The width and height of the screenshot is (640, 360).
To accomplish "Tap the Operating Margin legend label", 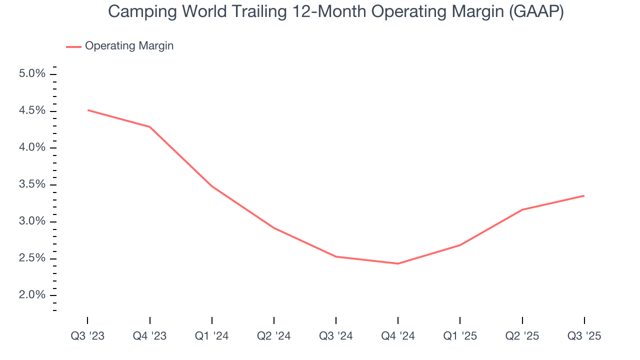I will pyautogui.click(x=129, y=46).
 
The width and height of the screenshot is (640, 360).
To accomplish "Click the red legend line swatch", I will pyautogui.click(x=73, y=46).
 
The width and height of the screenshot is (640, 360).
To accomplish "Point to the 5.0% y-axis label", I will pyautogui.click(x=32, y=74).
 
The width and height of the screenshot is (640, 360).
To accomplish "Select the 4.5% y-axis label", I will pyautogui.click(x=32, y=110).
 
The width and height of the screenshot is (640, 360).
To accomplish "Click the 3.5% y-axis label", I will pyautogui.click(x=32, y=184).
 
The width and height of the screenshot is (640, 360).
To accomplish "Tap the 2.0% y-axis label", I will pyautogui.click(x=32, y=295).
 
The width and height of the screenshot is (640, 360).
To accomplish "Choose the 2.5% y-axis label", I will pyautogui.click(x=32, y=258).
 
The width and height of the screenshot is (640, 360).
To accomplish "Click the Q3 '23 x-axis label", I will pyautogui.click(x=87, y=336).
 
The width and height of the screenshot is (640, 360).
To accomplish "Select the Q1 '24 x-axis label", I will pyautogui.click(x=212, y=336).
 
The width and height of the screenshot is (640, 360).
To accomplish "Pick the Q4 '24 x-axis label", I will pyautogui.click(x=398, y=336).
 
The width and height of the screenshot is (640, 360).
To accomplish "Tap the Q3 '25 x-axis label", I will pyautogui.click(x=584, y=336).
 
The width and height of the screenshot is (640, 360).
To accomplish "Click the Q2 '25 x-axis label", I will pyautogui.click(x=522, y=336).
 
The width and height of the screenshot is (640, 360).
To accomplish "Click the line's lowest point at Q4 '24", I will pyautogui.click(x=398, y=263).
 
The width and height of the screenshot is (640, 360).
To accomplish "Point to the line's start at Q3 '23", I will pyautogui.click(x=88, y=110).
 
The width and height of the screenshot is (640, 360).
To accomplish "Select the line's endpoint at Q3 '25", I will pyautogui.click(x=584, y=195).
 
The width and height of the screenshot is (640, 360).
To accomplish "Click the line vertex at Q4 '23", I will pyautogui.click(x=150, y=127).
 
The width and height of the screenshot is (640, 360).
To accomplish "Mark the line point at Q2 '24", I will pyautogui.click(x=274, y=228).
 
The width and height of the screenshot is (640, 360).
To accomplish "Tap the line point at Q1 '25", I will pyautogui.click(x=460, y=245).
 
